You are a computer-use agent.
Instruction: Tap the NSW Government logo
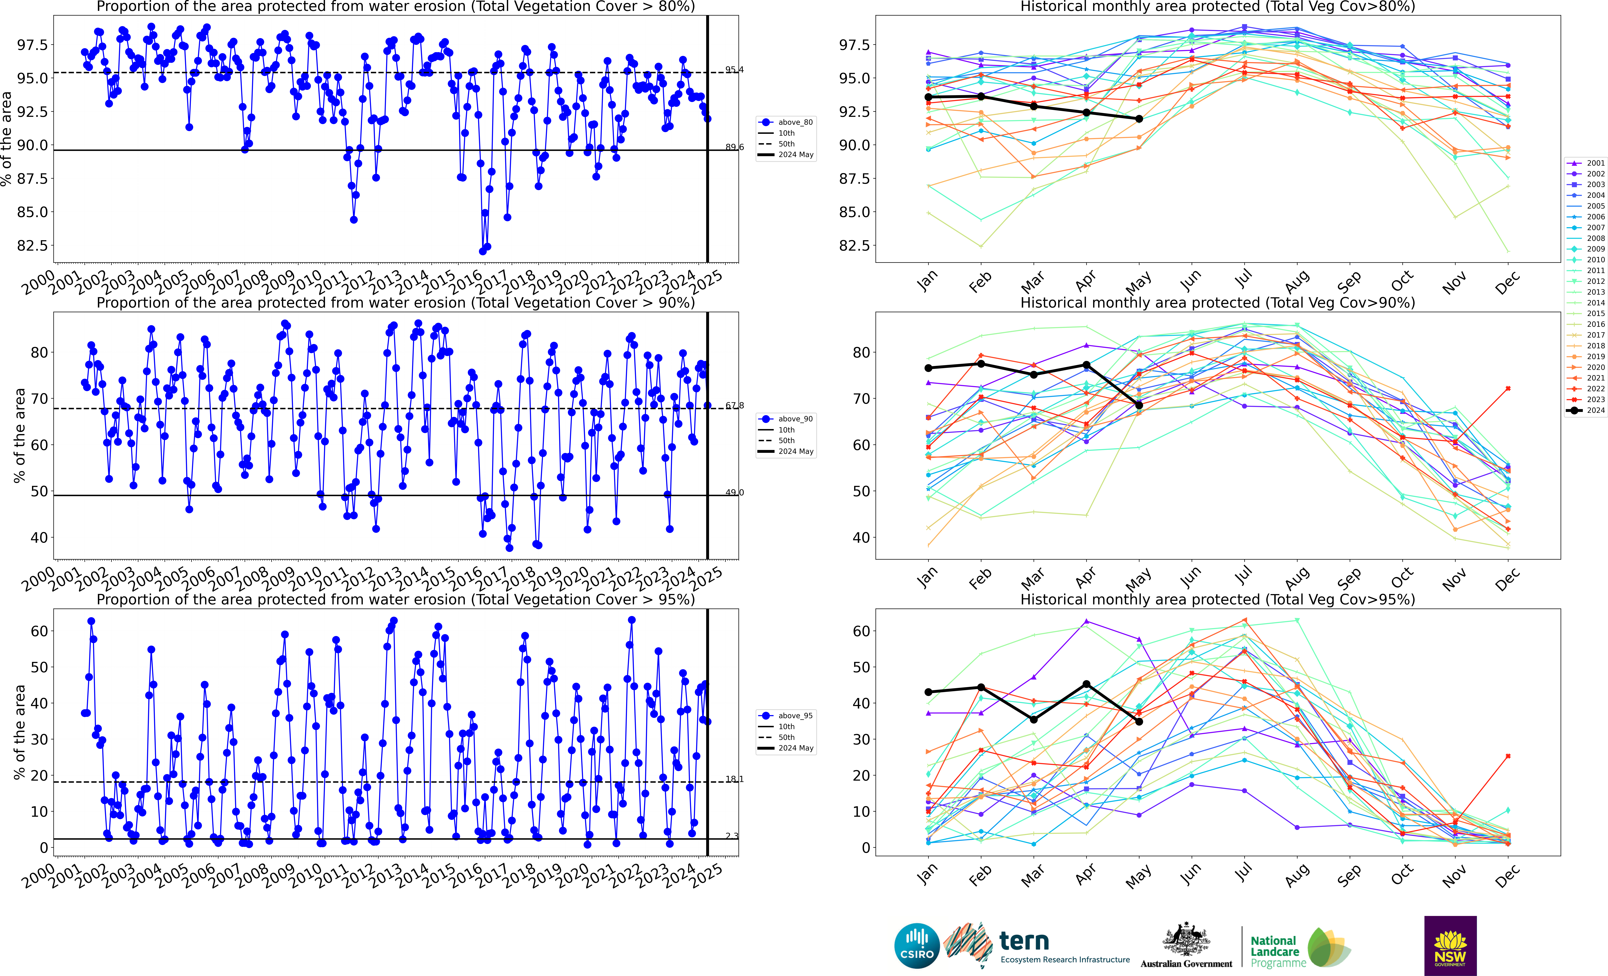point(1450,945)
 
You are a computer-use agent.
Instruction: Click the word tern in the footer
point(1024,941)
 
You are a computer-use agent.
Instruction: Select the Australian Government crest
point(1186,940)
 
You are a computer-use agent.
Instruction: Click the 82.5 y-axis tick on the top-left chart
point(33,245)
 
